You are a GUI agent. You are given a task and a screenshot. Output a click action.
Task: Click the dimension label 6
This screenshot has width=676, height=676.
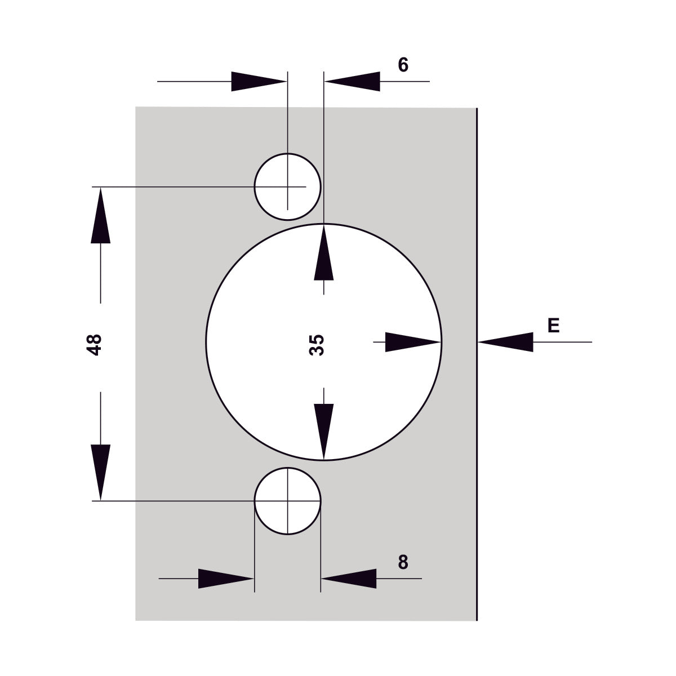pyautogui.click(x=403, y=65)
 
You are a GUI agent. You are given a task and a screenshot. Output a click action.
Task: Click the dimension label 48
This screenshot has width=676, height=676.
pyautogui.click(x=94, y=344)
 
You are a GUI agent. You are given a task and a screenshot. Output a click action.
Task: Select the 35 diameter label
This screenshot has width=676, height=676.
pyautogui.click(x=317, y=345)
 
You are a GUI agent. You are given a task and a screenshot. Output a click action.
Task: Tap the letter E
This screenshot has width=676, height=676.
pyautogui.click(x=553, y=325)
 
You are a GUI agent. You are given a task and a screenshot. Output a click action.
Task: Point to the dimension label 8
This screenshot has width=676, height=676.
pyautogui.click(x=403, y=562)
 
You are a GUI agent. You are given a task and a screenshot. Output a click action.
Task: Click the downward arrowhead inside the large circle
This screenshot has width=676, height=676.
pyautogui.click(x=323, y=432)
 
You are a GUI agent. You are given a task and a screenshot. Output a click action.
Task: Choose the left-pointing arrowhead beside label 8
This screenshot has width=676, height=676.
pyautogui.click(x=349, y=579)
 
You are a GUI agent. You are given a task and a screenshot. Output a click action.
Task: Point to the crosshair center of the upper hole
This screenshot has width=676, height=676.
pyautogui.click(x=287, y=186)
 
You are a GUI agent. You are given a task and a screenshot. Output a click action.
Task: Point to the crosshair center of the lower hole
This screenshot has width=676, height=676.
pyautogui.click(x=287, y=500)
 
